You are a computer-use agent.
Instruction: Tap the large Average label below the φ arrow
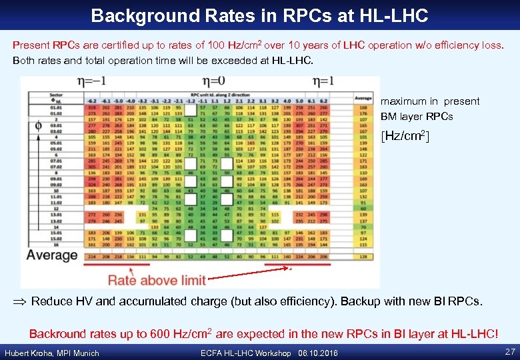(x=53, y=255)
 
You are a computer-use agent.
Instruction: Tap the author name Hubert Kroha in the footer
(x=30, y=353)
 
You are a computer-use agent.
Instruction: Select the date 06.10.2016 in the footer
(x=319, y=353)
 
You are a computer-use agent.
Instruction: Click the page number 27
(x=510, y=352)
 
